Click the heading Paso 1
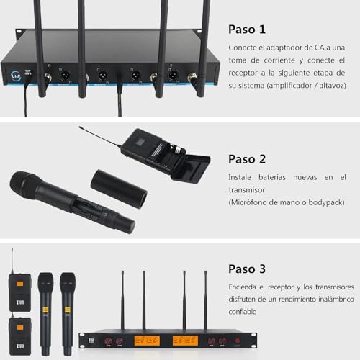pos(247,30)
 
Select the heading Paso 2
pos(247,159)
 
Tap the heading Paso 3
pos(247,269)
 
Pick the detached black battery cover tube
pos(119,188)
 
